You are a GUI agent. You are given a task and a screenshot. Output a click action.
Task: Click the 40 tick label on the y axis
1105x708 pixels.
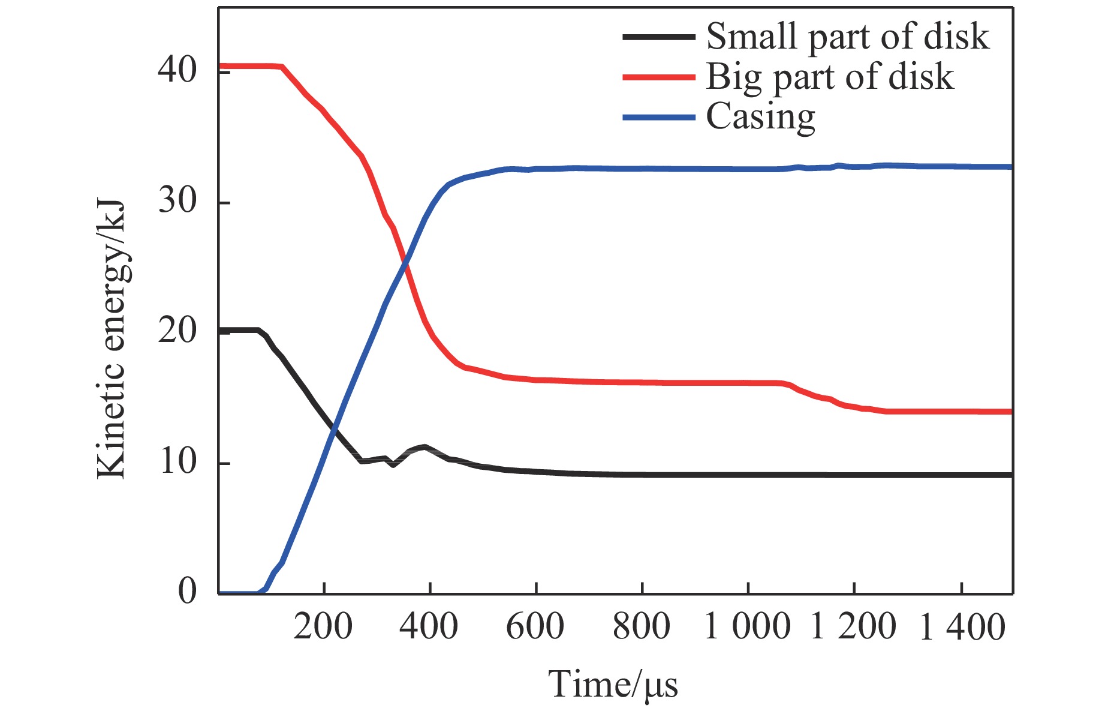177,70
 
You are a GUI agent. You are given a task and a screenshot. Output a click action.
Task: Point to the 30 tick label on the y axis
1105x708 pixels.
177,201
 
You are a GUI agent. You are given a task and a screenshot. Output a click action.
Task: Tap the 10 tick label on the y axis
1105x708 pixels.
177,461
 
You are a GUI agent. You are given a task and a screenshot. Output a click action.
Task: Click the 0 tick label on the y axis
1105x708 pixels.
187,591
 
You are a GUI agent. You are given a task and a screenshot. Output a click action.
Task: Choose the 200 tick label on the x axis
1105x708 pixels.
323,627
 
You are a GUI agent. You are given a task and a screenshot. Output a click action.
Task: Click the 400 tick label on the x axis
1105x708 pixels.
429,627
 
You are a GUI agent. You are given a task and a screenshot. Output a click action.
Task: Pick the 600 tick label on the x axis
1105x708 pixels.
535,627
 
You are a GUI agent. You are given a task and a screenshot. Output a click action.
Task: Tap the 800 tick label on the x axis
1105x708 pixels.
641,627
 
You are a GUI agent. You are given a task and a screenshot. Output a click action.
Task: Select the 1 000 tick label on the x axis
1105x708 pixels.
747,627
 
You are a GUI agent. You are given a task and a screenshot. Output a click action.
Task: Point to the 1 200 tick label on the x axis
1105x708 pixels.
853,627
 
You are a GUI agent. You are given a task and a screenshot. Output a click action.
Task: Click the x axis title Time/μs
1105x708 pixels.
613,685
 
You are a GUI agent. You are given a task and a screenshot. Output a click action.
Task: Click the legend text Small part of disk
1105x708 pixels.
847,37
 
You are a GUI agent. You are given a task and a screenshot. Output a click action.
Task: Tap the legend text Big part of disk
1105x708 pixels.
830,77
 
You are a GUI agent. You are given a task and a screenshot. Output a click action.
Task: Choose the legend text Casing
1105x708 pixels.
760,117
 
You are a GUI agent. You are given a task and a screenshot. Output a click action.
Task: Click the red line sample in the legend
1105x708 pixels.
658,77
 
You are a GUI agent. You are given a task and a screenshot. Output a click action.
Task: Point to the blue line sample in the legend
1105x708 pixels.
658,117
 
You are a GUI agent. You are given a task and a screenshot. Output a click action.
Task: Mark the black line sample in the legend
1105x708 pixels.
658,37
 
